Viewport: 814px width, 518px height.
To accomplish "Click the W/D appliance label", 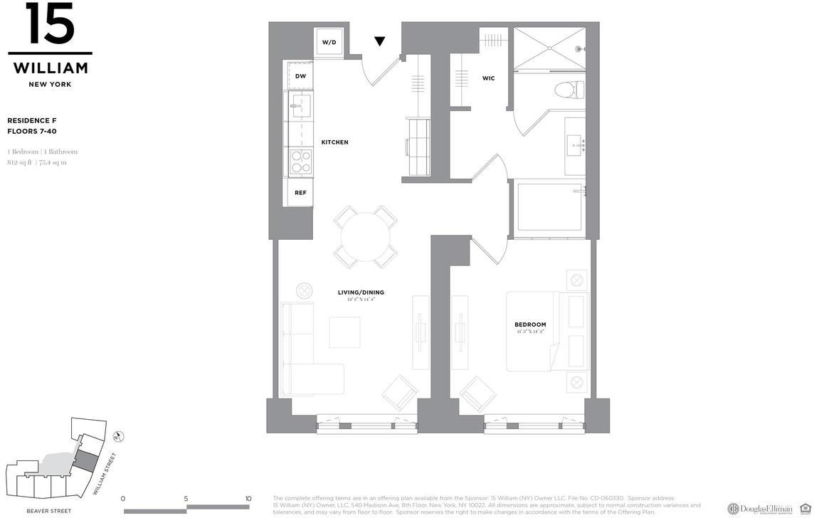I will tap(329, 43).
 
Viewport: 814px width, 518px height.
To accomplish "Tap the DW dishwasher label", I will tap(300, 76).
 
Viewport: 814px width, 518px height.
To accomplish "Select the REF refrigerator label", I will tap(300, 193).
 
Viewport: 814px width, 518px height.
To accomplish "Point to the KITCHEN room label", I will tap(334, 142).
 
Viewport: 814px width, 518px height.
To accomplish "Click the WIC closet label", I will tap(488, 78).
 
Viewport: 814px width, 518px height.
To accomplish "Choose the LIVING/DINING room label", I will tap(361, 292).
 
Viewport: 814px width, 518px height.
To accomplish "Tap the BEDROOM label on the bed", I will tap(530, 325).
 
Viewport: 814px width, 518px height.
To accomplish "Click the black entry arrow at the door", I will tap(380, 41).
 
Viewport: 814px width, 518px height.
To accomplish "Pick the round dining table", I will tap(366, 237).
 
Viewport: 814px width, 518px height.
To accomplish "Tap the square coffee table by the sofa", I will tap(344, 332).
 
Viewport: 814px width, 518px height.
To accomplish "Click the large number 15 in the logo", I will tap(50, 24).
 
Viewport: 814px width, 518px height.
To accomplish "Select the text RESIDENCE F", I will tap(32, 121).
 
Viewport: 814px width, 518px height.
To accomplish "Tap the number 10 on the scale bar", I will tap(248, 499).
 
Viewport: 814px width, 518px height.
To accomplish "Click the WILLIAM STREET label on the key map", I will tap(105, 474).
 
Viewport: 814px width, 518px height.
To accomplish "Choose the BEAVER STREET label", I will tap(48, 511).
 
